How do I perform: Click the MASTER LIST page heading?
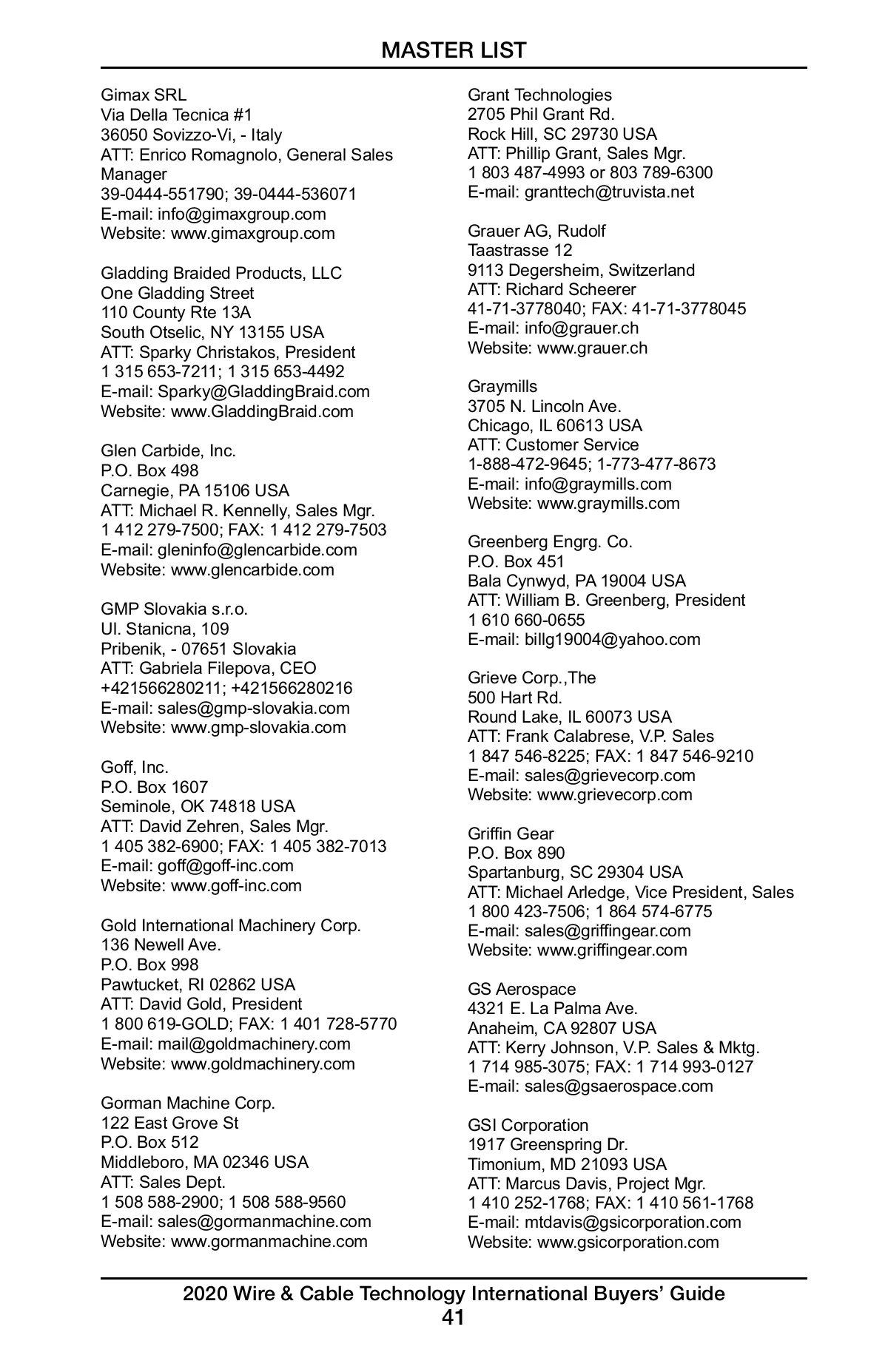pyautogui.click(x=454, y=50)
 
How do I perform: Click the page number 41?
pyautogui.click(x=453, y=1317)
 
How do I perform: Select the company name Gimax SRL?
pyautogui.click(x=144, y=95)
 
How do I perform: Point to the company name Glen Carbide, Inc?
pyautogui.click(x=168, y=451)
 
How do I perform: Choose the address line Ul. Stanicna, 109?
pyautogui.click(x=165, y=629)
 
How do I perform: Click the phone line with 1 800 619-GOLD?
pyautogui.click(x=249, y=1024)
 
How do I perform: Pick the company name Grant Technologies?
pyautogui.click(x=539, y=95)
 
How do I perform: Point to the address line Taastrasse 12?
pyautogui.click(x=519, y=251)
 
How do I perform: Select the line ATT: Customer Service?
pyautogui.click(x=553, y=445)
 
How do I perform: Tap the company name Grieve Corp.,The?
pyautogui.click(x=531, y=678)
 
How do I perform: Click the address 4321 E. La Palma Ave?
pyautogui.click(x=552, y=1009)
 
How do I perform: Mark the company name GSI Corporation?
pyautogui.click(x=528, y=1126)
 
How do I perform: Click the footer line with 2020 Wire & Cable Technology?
pyautogui.click(x=454, y=1294)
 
